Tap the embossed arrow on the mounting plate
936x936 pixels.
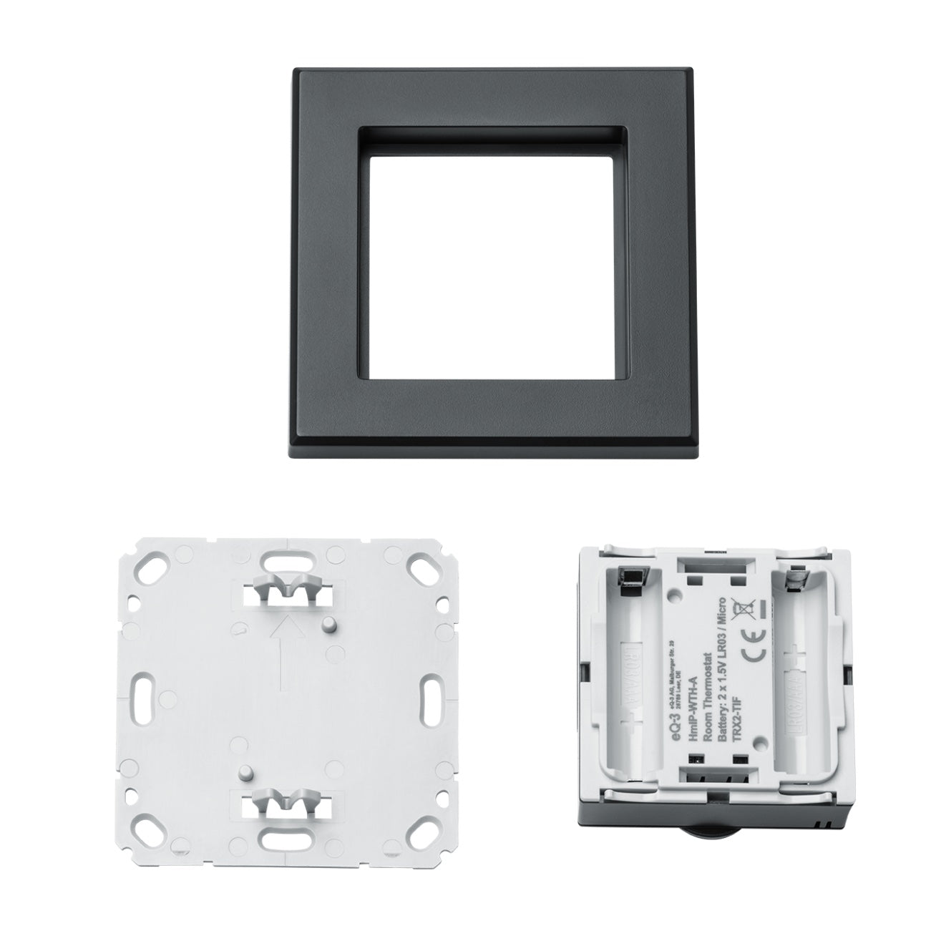click(x=284, y=652)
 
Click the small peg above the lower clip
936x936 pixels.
click(x=246, y=773)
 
